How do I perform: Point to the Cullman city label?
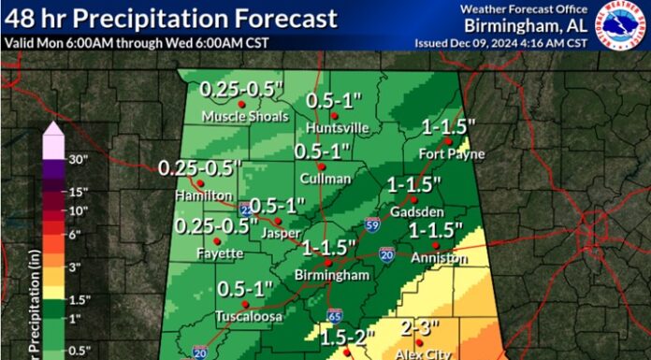click(x=326, y=178)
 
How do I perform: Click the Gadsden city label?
click(x=410, y=211)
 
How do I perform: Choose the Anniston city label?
click(x=441, y=256)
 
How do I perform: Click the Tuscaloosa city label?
click(x=244, y=315)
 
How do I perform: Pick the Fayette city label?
click(x=221, y=253)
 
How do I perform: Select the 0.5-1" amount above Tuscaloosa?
click(x=245, y=290)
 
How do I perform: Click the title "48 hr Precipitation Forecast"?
click(x=170, y=17)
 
